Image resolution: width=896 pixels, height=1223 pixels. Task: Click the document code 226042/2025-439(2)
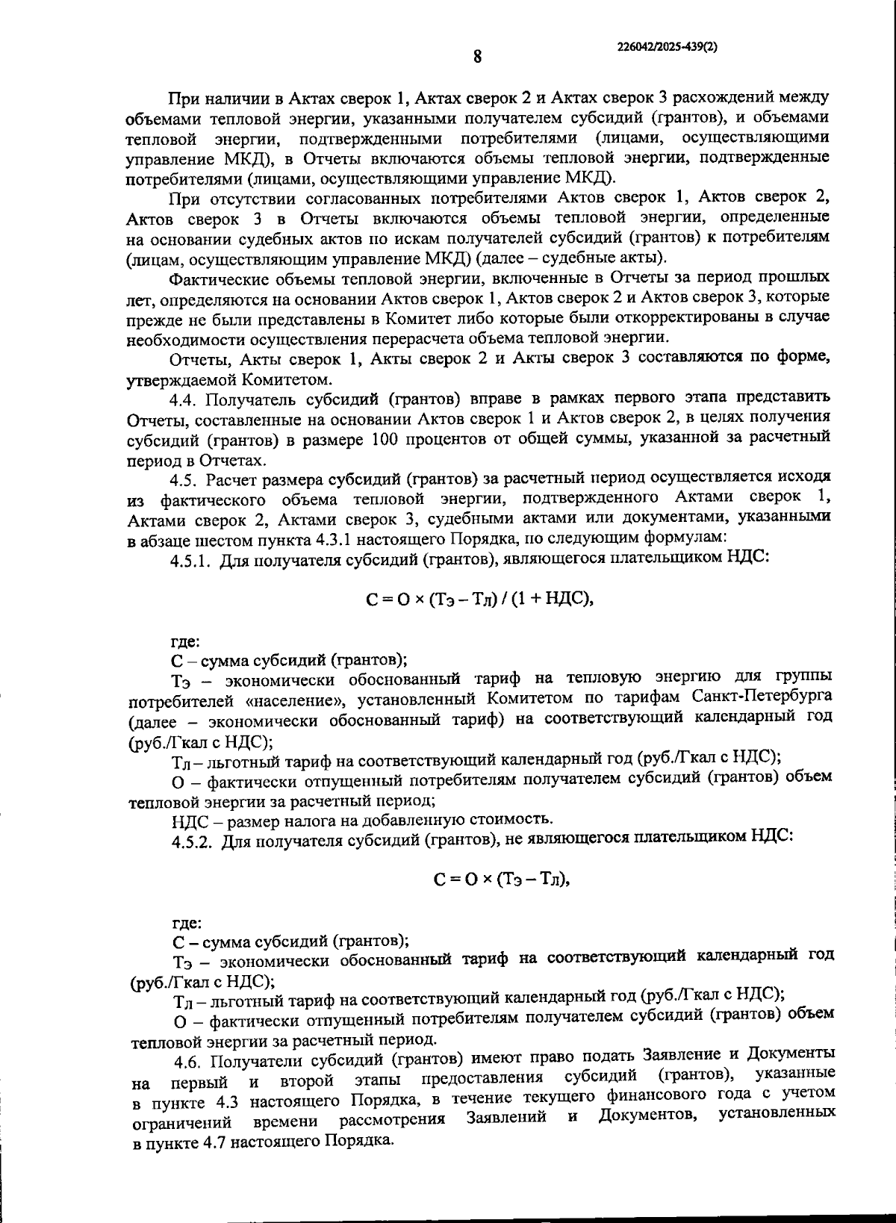[668, 46]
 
